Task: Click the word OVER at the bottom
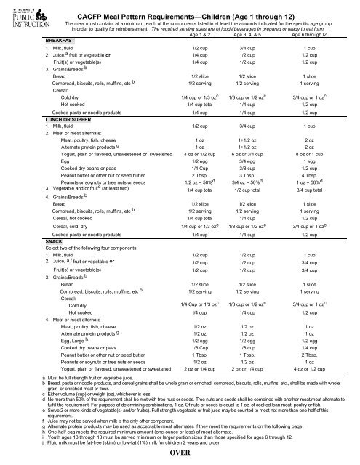point(180,455)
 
